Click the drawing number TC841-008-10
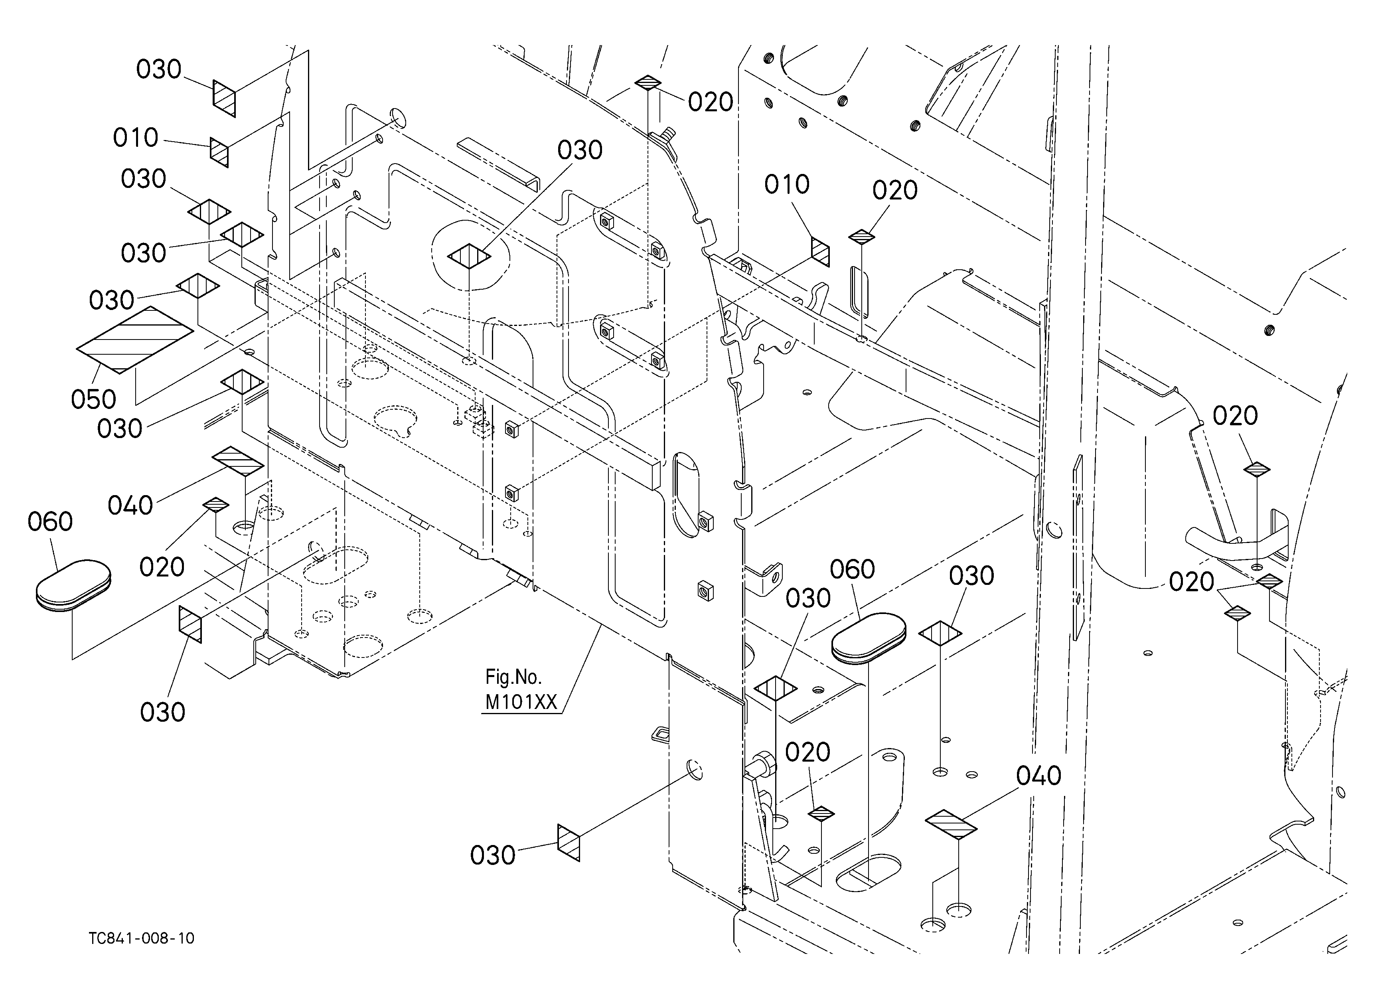point(141,938)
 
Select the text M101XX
point(521,702)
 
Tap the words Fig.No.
point(513,676)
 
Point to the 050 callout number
point(93,400)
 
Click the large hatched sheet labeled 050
point(135,340)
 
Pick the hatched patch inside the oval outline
point(469,256)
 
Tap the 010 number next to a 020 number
point(787,184)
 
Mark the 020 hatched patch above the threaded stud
point(648,83)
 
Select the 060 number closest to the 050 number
point(50,521)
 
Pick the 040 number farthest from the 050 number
point(1038,776)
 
